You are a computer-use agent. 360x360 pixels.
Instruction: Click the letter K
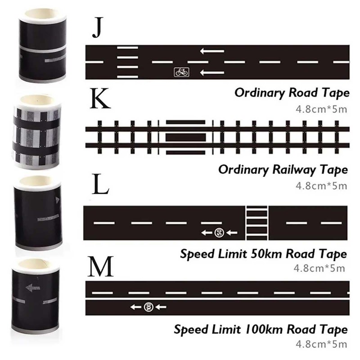(100, 100)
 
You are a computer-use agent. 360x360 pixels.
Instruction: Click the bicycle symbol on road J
(181, 72)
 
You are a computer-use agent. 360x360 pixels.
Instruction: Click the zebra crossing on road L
(257, 223)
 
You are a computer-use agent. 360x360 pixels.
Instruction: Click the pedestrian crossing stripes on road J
(127, 61)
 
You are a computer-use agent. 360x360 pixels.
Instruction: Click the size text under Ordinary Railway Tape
(320, 184)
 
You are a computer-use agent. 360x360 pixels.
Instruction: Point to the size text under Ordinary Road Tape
(320, 108)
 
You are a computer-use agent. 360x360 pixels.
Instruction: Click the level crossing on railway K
(185, 137)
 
